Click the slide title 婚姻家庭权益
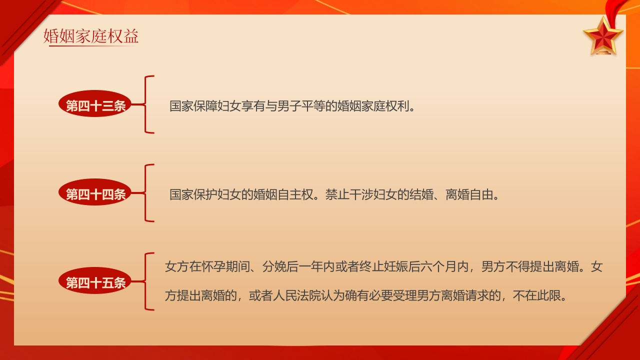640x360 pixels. tap(91, 36)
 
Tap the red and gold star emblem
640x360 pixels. tap(603, 35)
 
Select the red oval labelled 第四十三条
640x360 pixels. tap(95, 105)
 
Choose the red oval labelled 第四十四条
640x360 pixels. tap(95, 194)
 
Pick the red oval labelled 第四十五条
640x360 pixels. tap(95, 282)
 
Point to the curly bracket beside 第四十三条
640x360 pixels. tap(147, 104)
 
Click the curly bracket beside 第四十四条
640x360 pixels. tap(147, 193)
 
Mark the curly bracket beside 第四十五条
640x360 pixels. tap(147, 281)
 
